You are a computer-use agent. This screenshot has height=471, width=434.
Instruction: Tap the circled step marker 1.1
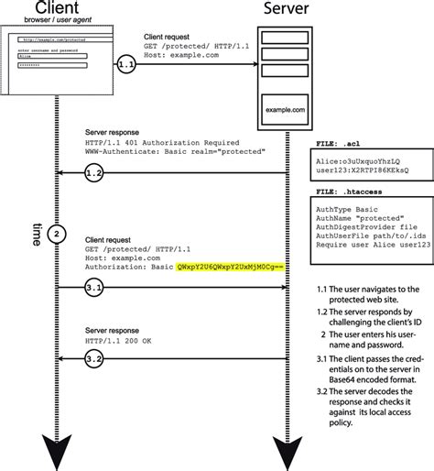tap(126, 64)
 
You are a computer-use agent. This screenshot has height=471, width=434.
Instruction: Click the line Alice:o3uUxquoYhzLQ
tap(358, 161)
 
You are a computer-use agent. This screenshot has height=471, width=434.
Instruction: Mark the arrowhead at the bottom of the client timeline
tap(59, 453)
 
